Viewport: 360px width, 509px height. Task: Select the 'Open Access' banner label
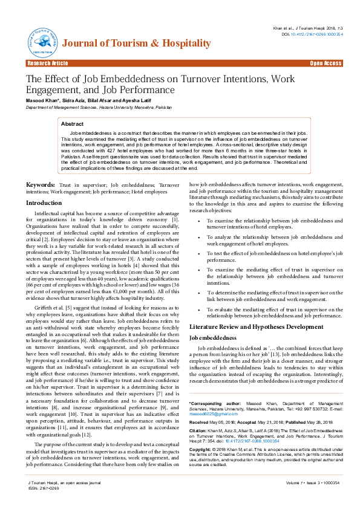[326, 63]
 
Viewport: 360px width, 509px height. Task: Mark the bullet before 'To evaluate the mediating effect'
[201, 309]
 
